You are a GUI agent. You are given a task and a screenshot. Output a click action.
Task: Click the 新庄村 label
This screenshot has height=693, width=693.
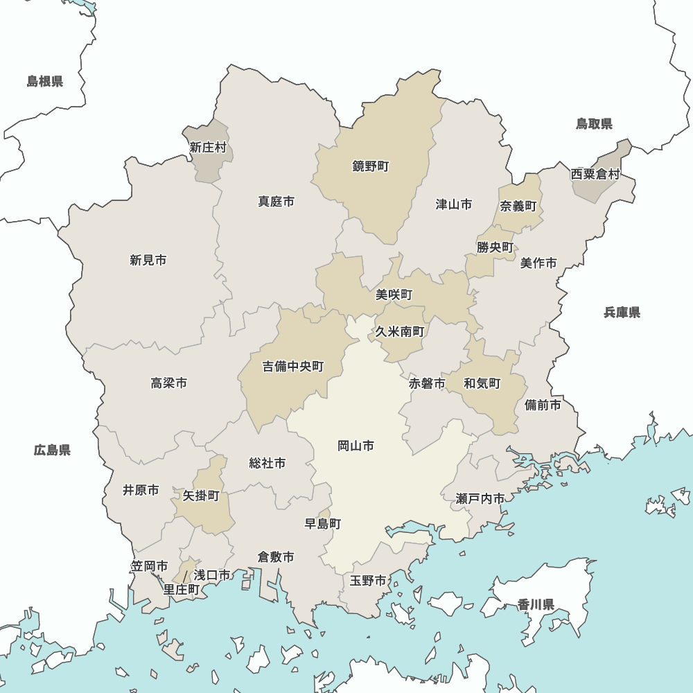point(208,148)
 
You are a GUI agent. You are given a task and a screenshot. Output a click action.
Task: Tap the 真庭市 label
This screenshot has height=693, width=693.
point(276,202)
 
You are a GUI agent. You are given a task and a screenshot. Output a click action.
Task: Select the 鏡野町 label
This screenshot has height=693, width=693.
point(371,166)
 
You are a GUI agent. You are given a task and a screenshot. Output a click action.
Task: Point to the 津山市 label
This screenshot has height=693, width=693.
point(454,204)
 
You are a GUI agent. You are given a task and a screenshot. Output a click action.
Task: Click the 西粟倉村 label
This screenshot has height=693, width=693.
point(595,174)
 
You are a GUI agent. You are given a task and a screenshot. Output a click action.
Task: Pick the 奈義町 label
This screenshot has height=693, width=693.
point(518,207)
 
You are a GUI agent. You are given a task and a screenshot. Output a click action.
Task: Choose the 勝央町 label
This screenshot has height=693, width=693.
point(495,247)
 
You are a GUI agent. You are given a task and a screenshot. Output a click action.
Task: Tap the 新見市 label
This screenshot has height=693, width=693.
point(148,261)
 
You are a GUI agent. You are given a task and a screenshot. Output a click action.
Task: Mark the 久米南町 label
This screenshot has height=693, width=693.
point(400,331)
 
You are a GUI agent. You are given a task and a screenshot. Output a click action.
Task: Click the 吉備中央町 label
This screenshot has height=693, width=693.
point(292,367)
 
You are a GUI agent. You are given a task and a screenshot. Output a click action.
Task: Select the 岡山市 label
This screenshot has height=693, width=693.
point(356,446)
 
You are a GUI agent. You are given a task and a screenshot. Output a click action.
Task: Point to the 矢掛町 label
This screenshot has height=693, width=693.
point(201,496)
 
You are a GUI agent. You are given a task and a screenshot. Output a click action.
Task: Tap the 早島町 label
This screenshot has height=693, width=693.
point(323,524)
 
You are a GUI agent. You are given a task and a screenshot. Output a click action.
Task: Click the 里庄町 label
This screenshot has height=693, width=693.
point(181,590)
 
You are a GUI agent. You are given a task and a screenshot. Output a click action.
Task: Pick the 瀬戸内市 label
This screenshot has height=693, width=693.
point(480,498)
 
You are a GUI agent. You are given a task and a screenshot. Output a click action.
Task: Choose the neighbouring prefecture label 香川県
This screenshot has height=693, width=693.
point(536,605)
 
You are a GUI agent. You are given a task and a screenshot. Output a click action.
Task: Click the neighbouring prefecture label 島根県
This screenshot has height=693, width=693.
point(45,82)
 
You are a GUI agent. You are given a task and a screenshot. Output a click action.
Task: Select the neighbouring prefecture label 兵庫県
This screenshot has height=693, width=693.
point(622,313)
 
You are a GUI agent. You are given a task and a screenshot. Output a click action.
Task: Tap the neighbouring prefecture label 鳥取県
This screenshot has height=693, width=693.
point(594,124)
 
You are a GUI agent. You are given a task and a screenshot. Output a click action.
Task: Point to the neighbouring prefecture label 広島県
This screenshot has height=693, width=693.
point(52,450)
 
